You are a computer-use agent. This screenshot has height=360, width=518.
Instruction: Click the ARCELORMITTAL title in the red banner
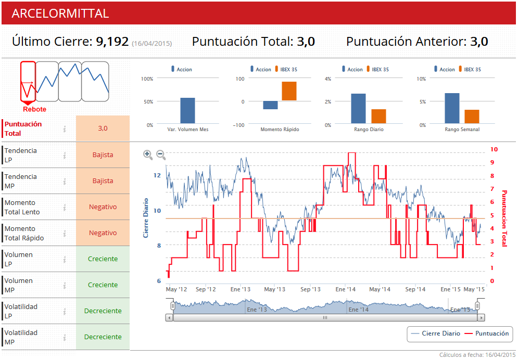pyautogui.click(x=60, y=14)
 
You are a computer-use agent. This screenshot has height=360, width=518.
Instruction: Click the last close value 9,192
pyautogui.click(x=112, y=42)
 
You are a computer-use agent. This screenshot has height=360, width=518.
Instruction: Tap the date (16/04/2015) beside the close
pyautogui.click(x=151, y=43)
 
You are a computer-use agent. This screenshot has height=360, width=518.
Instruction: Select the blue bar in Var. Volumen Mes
pyautogui.click(x=187, y=110)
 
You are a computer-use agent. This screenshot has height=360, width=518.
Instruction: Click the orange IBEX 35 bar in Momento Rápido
pyautogui.click(x=289, y=91)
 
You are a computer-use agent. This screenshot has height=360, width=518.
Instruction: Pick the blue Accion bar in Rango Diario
pyautogui.click(x=358, y=108)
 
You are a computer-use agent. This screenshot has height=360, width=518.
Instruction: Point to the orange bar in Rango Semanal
pyautogui.click(x=472, y=117)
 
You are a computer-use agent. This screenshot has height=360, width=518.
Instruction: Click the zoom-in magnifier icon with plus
pyautogui.click(x=148, y=155)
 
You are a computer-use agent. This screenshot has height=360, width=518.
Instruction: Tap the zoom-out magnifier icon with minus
pyautogui.click(x=161, y=155)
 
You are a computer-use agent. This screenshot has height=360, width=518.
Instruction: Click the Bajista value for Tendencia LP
pyautogui.click(x=103, y=155)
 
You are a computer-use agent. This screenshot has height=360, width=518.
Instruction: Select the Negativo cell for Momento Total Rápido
pyautogui.click(x=103, y=233)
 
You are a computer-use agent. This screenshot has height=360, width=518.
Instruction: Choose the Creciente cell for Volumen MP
pyautogui.click(x=103, y=285)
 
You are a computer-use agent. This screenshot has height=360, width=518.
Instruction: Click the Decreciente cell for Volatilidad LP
pyautogui.click(x=103, y=311)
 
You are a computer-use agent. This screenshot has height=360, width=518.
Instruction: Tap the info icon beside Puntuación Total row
pyautogui.click(x=65, y=128)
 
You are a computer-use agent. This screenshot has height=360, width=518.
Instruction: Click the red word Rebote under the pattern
pyautogui.click(x=34, y=109)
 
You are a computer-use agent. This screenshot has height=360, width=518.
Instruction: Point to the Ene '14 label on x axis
pyautogui.click(x=346, y=289)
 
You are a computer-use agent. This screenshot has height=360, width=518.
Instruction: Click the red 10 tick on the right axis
pyautogui.click(x=494, y=149)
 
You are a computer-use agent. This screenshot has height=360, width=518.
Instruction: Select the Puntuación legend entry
pyautogui.click(x=487, y=333)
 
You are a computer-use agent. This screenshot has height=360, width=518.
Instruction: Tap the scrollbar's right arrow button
pyautogui.click(x=481, y=317)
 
